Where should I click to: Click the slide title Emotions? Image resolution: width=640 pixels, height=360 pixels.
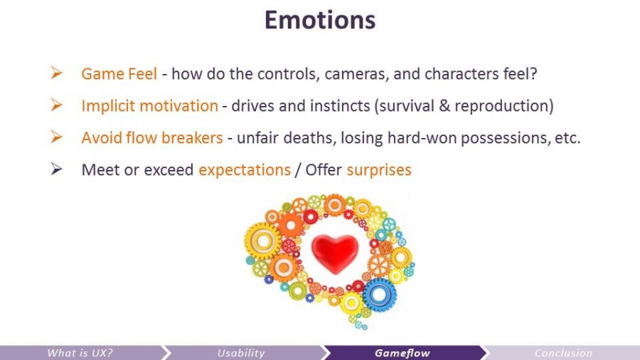pyautogui.click(x=319, y=19)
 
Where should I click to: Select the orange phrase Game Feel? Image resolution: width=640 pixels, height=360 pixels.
pyautogui.click(x=119, y=73)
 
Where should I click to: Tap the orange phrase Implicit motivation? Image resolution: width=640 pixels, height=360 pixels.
pyautogui.click(x=149, y=106)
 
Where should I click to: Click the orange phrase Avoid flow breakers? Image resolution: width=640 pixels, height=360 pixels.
pyautogui.click(x=151, y=138)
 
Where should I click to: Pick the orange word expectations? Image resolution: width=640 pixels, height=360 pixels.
pyautogui.click(x=244, y=170)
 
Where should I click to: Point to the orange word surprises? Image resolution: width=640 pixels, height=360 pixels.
pyautogui.click(x=378, y=170)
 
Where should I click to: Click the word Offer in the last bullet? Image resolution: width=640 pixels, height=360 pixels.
pyautogui.click(x=324, y=170)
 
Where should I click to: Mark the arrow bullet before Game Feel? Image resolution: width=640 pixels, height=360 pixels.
pyautogui.click(x=57, y=73)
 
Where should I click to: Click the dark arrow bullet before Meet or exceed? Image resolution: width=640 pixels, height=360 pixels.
pyautogui.click(x=57, y=169)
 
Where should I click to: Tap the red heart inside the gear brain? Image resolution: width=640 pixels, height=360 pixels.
pyautogui.click(x=335, y=253)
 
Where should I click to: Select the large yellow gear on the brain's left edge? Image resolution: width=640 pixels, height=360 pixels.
pyautogui.click(x=262, y=242)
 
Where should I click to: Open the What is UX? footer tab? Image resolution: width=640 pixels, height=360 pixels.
pyautogui.click(x=80, y=353)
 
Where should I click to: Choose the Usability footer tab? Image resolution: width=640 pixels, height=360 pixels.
pyautogui.click(x=241, y=353)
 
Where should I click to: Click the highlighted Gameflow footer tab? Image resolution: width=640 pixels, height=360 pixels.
pyautogui.click(x=402, y=353)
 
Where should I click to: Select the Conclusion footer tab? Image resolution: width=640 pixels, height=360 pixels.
pyautogui.click(x=563, y=353)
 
